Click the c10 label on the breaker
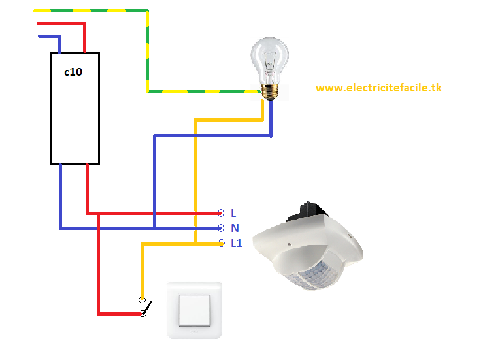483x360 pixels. pyautogui.click(x=73, y=73)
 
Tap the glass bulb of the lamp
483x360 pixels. pyautogui.click(x=270, y=59)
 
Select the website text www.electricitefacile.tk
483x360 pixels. pyautogui.click(x=378, y=88)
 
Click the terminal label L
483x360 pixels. pyautogui.click(x=233, y=213)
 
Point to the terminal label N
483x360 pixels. pyautogui.click(x=235, y=228)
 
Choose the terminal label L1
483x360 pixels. pyautogui.click(x=236, y=244)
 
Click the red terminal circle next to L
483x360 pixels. pyautogui.click(x=221, y=213)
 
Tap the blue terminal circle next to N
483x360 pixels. pyautogui.click(x=221, y=228)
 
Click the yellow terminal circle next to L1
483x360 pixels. pyautogui.click(x=221, y=244)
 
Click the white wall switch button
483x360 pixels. pyautogui.click(x=194, y=310)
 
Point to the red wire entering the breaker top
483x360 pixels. pyautogui.click(x=84, y=39)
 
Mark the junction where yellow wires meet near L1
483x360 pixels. pyautogui.click(x=195, y=244)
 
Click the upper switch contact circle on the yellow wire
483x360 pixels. pyautogui.click(x=141, y=300)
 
